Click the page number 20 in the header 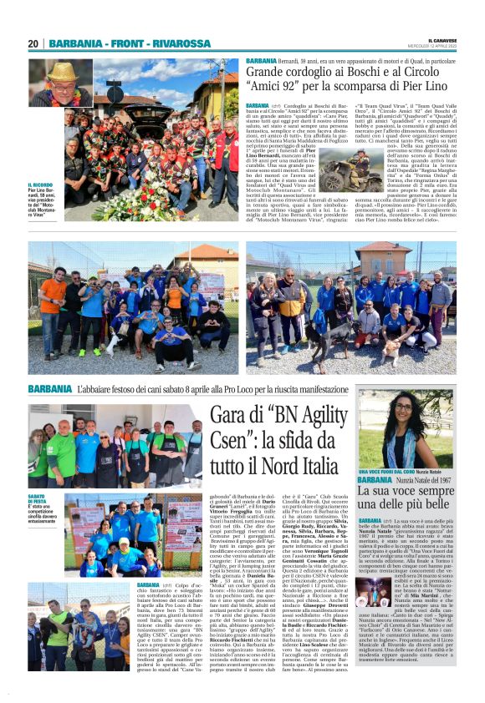[33, 43]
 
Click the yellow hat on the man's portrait [61, 73]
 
